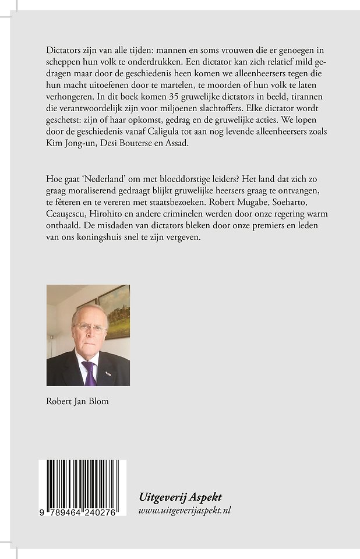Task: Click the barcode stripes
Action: pos(83,482)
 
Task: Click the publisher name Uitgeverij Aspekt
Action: pos(180,497)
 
